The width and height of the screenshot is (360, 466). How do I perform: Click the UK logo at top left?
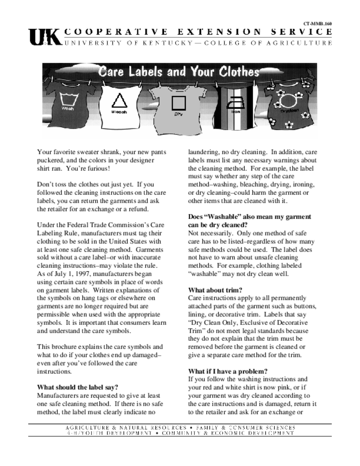(x=44, y=37)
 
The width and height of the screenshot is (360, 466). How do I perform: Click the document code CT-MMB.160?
(x=318, y=23)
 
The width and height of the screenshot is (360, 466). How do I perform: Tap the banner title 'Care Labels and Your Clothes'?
(x=179, y=72)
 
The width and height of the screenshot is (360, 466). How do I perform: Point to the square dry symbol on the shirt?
(x=178, y=102)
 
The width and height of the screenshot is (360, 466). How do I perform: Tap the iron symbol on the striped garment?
(x=236, y=101)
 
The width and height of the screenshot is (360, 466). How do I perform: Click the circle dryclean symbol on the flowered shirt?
(x=287, y=100)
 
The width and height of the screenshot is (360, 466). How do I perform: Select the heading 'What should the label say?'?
(x=77, y=388)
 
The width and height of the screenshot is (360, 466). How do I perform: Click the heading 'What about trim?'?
(x=215, y=290)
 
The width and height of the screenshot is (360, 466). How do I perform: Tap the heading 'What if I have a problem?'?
(x=228, y=371)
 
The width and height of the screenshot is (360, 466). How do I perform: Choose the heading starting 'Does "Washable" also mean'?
(x=250, y=217)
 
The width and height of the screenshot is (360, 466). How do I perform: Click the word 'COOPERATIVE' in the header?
(x=117, y=32)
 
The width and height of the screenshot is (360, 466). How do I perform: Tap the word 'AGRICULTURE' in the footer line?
(x=87, y=428)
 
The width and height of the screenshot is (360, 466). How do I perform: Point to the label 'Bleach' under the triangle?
(x=119, y=111)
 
